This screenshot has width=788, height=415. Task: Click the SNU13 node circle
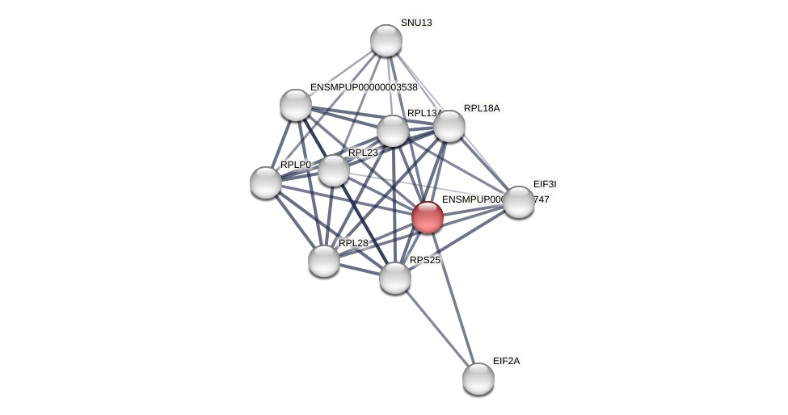(x=386, y=40)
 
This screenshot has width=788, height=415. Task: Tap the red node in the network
(x=428, y=217)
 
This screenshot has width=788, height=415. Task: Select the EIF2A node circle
(x=478, y=379)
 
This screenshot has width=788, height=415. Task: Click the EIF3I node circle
(x=519, y=202)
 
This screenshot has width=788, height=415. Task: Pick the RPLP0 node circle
(x=266, y=182)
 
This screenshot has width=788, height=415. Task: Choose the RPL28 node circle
(x=324, y=261)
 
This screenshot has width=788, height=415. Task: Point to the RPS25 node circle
(x=395, y=278)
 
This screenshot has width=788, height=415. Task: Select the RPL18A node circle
(x=449, y=126)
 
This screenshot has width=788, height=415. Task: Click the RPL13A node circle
(x=393, y=131)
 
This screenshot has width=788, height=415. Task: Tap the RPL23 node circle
(x=334, y=170)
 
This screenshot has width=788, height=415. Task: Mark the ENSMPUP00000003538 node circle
(x=296, y=105)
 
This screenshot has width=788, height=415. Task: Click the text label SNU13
(x=416, y=23)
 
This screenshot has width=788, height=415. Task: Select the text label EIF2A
(x=507, y=361)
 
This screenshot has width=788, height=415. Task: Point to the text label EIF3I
(x=545, y=184)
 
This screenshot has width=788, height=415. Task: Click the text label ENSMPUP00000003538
(x=364, y=87)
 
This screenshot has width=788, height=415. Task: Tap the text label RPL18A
(x=482, y=108)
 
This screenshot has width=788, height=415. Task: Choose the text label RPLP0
(x=296, y=165)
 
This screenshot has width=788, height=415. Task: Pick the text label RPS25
(x=425, y=260)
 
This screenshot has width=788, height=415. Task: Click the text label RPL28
(x=353, y=243)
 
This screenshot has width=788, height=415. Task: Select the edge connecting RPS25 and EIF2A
(x=436, y=328)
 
